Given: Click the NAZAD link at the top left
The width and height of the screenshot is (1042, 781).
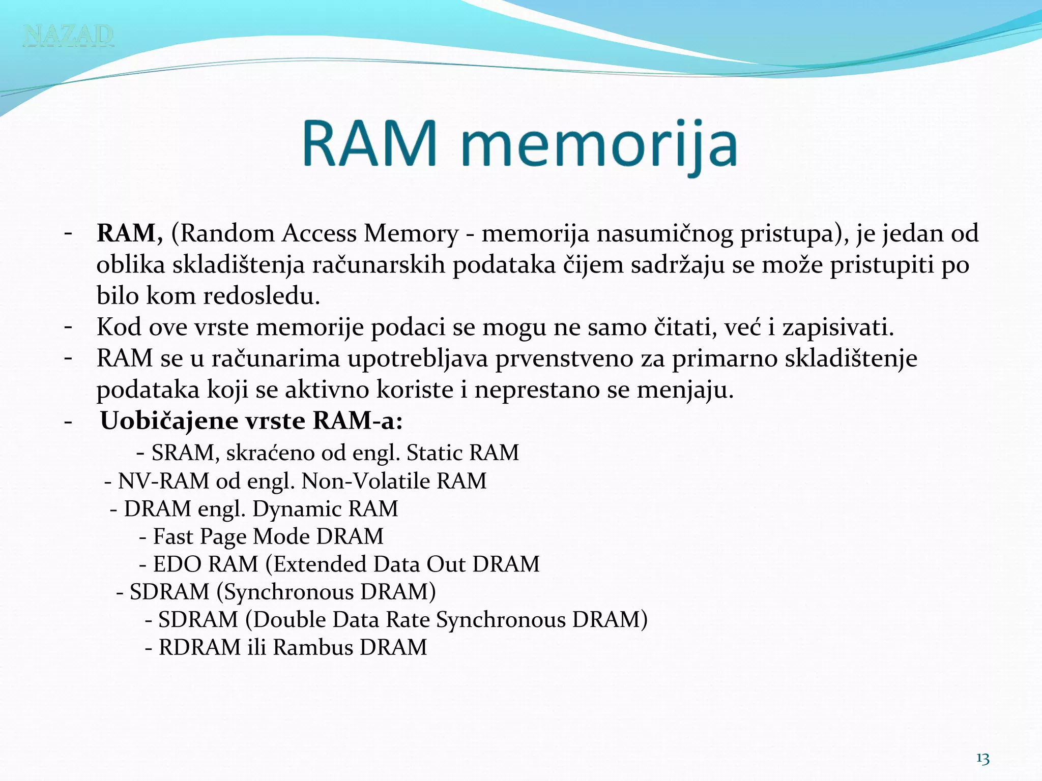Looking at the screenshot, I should click(x=68, y=35).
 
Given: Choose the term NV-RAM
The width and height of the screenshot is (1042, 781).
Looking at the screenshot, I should click(x=163, y=481).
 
